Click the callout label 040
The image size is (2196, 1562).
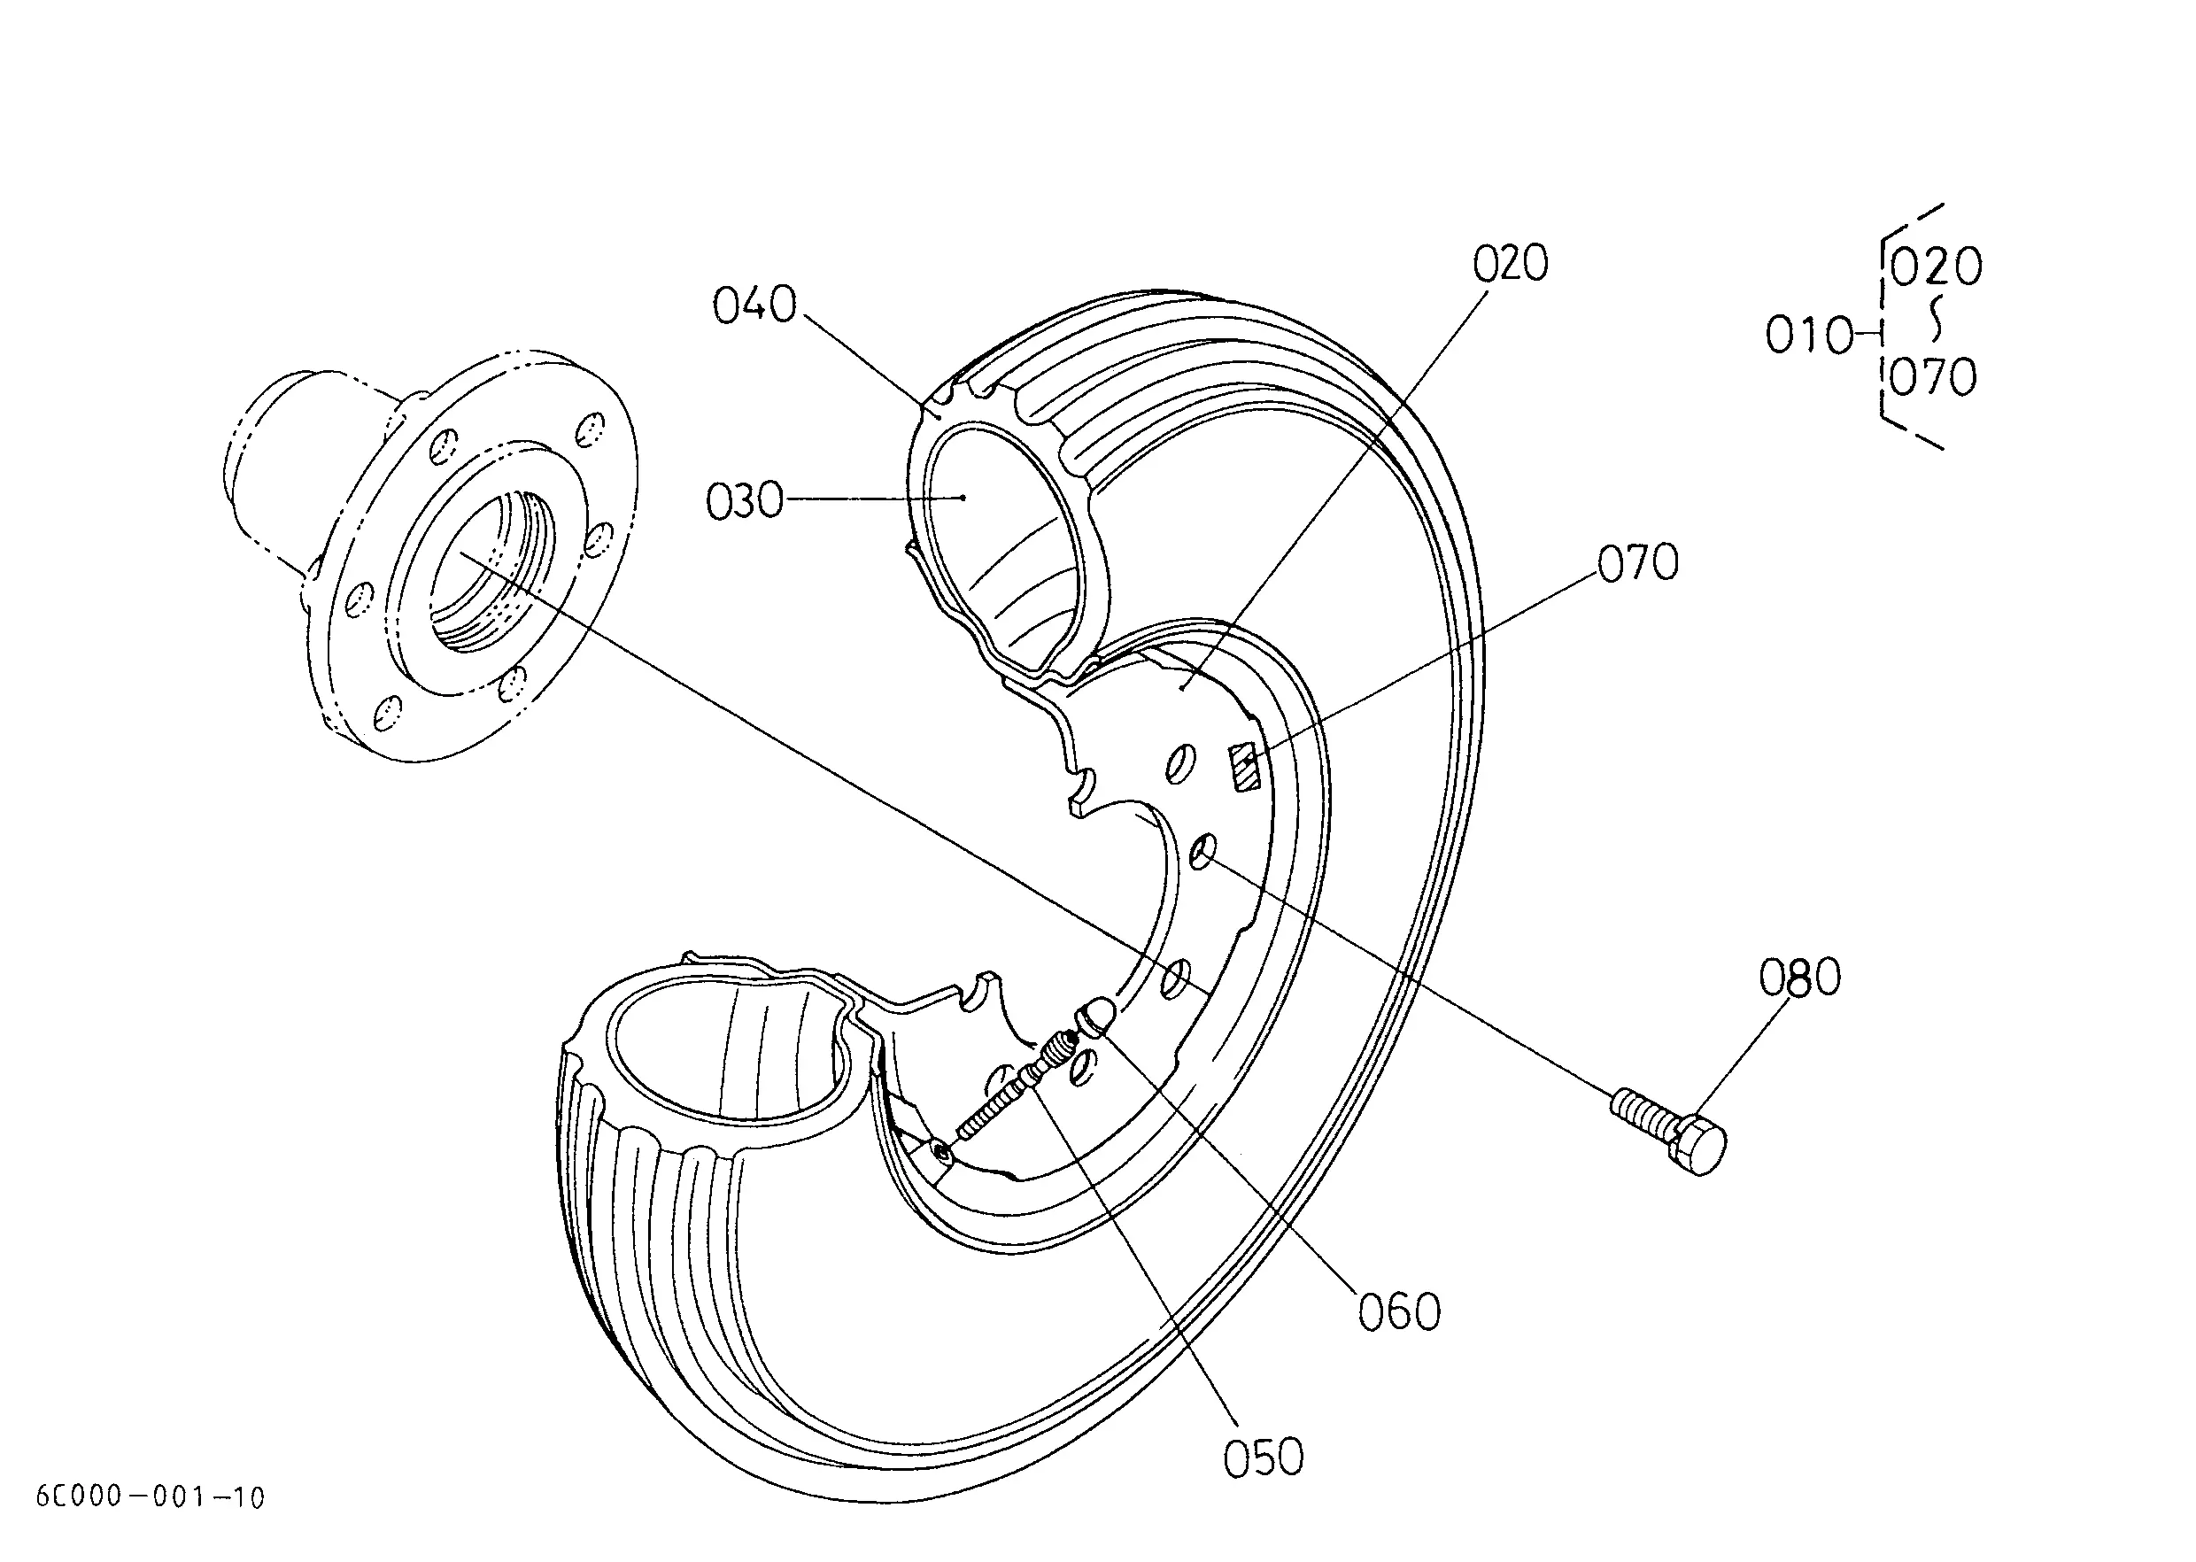pos(755,305)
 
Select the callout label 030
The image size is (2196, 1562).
pos(745,501)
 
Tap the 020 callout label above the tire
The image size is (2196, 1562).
pos(1510,264)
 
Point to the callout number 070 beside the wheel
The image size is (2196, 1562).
pos(1638,562)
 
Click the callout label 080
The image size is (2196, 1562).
pos(1799,978)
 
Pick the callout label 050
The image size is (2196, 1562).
pos(1263,1458)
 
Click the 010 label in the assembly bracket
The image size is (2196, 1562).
pos(1808,336)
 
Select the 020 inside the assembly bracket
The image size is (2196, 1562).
pos(1936,267)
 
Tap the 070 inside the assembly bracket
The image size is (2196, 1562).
pos(1933,377)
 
